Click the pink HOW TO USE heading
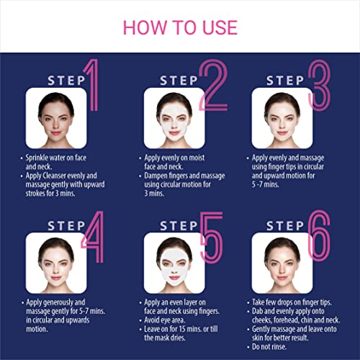click(180, 27)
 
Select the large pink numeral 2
click(214, 85)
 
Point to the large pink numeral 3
click(320, 85)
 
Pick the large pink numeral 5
click(212, 238)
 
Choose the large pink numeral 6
click(319, 236)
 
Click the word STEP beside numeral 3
click(285, 81)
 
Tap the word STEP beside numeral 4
click(66, 226)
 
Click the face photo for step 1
click(56, 118)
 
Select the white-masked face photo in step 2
click(174, 118)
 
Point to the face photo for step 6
click(282, 263)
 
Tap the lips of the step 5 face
click(174, 278)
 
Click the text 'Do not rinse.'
click(269, 346)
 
